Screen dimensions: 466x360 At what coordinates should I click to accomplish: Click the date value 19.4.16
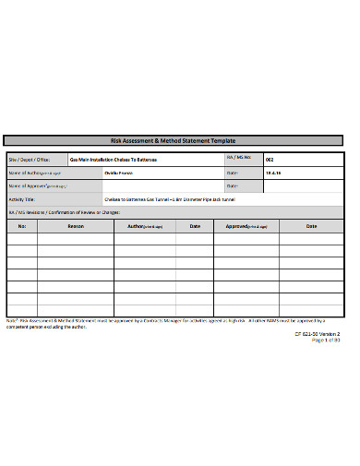pyautogui.click(x=274, y=173)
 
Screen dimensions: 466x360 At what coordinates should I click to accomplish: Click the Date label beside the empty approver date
pyautogui.click(x=233, y=185)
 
